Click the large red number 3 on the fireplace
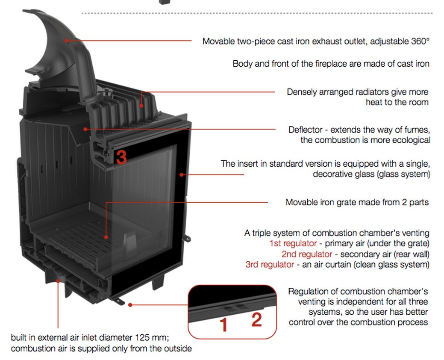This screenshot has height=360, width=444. (121, 157)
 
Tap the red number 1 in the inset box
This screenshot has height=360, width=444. (223, 325)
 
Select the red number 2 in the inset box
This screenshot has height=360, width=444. (256, 320)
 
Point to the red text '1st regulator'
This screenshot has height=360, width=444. (293, 243)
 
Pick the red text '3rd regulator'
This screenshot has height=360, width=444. (269, 264)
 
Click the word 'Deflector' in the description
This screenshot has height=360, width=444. (305, 130)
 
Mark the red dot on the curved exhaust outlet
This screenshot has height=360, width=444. (66, 41)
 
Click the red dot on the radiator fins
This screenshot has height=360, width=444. (141, 106)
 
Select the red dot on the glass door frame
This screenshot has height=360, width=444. (182, 174)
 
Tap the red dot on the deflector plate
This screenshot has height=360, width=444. (86, 128)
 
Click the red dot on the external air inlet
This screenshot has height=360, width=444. (58, 280)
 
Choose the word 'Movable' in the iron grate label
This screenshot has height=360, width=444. (300, 202)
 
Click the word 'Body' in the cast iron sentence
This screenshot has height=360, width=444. (241, 64)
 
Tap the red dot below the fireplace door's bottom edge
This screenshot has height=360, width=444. (130, 305)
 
